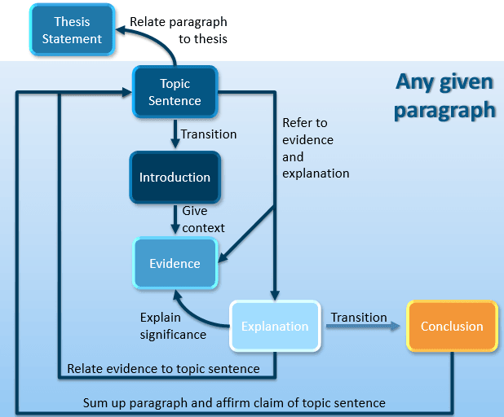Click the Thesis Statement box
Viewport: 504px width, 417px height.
[x=72, y=30]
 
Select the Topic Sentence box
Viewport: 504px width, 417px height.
[x=175, y=92]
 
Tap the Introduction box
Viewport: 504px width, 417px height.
[x=175, y=178]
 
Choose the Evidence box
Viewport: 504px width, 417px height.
[x=175, y=263]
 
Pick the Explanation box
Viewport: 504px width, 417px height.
[x=275, y=326]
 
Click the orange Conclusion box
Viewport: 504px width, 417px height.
[x=453, y=326]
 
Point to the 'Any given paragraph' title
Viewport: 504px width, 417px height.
[x=444, y=95]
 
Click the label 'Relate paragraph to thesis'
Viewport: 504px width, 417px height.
[x=179, y=30]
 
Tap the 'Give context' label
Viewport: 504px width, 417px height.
[x=203, y=219]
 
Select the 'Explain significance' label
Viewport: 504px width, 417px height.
[x=173, y=326]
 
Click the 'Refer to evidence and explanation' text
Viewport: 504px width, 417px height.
[x=316, y=148]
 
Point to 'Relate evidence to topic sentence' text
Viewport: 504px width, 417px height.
[x=163, y=368]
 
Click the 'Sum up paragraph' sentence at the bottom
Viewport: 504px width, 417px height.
[x=234, y=402]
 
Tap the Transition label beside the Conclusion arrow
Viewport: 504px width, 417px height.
[x=359, y=317]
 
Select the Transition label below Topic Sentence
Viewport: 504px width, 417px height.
[x=209, y=134]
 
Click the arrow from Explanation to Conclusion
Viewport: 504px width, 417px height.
[x=363, y=327]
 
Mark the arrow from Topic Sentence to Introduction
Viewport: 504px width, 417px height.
[x=175, y=134]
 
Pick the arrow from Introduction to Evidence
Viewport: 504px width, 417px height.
[x=175, y=220]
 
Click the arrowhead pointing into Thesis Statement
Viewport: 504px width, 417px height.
[x=122, y=29]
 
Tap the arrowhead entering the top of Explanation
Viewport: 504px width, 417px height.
[x=275, y=295]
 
